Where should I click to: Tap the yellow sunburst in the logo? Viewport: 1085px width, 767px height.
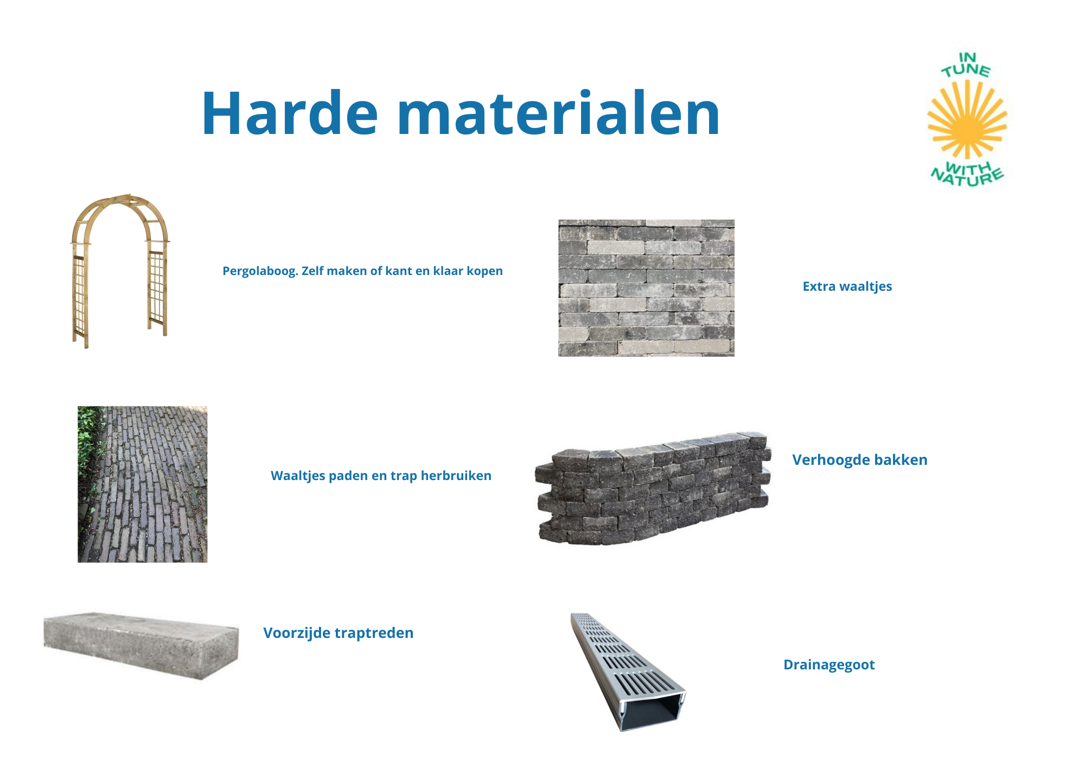click(x=967, y=119)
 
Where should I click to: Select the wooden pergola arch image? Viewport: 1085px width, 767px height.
click(x=120, y=271)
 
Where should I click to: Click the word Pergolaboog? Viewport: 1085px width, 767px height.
click(x=260, y=271)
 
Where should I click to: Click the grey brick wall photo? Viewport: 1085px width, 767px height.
click(x=646, y=288)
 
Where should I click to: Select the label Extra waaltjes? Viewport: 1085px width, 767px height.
click(x=847, y=286)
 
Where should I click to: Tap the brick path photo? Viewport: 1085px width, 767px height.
click(x=142, y=484)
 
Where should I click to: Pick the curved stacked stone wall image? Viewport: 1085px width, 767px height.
click(x=653, y=488)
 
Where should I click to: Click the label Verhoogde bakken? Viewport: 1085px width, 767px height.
click(x=860, y=460)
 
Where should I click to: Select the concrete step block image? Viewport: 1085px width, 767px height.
click(x=141, y=645)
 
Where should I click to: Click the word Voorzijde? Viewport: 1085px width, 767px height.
click(x=296, y=633)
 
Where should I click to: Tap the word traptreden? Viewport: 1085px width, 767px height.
click(x=374, y=633)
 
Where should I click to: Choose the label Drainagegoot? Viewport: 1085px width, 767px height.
click(x=829, y=665)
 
